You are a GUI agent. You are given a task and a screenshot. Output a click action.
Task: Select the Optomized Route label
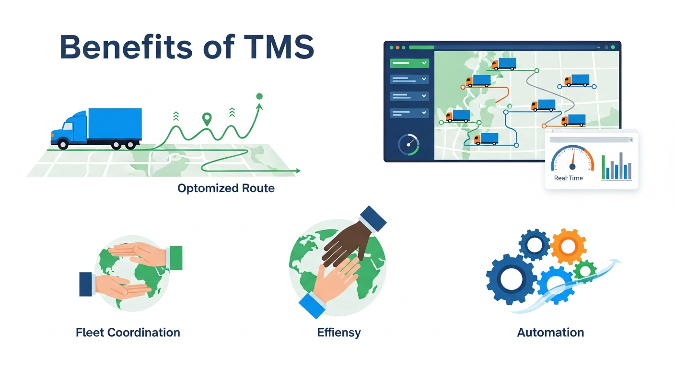tap(226, 188)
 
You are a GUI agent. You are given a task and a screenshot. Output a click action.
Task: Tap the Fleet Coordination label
tap(128, 332)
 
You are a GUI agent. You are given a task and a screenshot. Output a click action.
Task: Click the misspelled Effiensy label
tap(338, 332)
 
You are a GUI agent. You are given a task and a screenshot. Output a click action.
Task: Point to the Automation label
tap(550, 332)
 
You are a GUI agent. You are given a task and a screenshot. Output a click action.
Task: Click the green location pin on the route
tap(207, 118)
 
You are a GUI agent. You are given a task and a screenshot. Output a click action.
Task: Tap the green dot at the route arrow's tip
tap(259, 96)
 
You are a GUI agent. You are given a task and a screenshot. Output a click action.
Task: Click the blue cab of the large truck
tap(67, 128)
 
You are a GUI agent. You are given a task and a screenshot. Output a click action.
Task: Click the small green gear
tap(584, 271)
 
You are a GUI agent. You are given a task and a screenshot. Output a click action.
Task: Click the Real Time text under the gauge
tap(568, 178)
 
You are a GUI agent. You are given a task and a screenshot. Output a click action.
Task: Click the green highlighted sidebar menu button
tap(409, 63)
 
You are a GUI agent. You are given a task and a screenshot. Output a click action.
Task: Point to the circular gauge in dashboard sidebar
tap(408, 144)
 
